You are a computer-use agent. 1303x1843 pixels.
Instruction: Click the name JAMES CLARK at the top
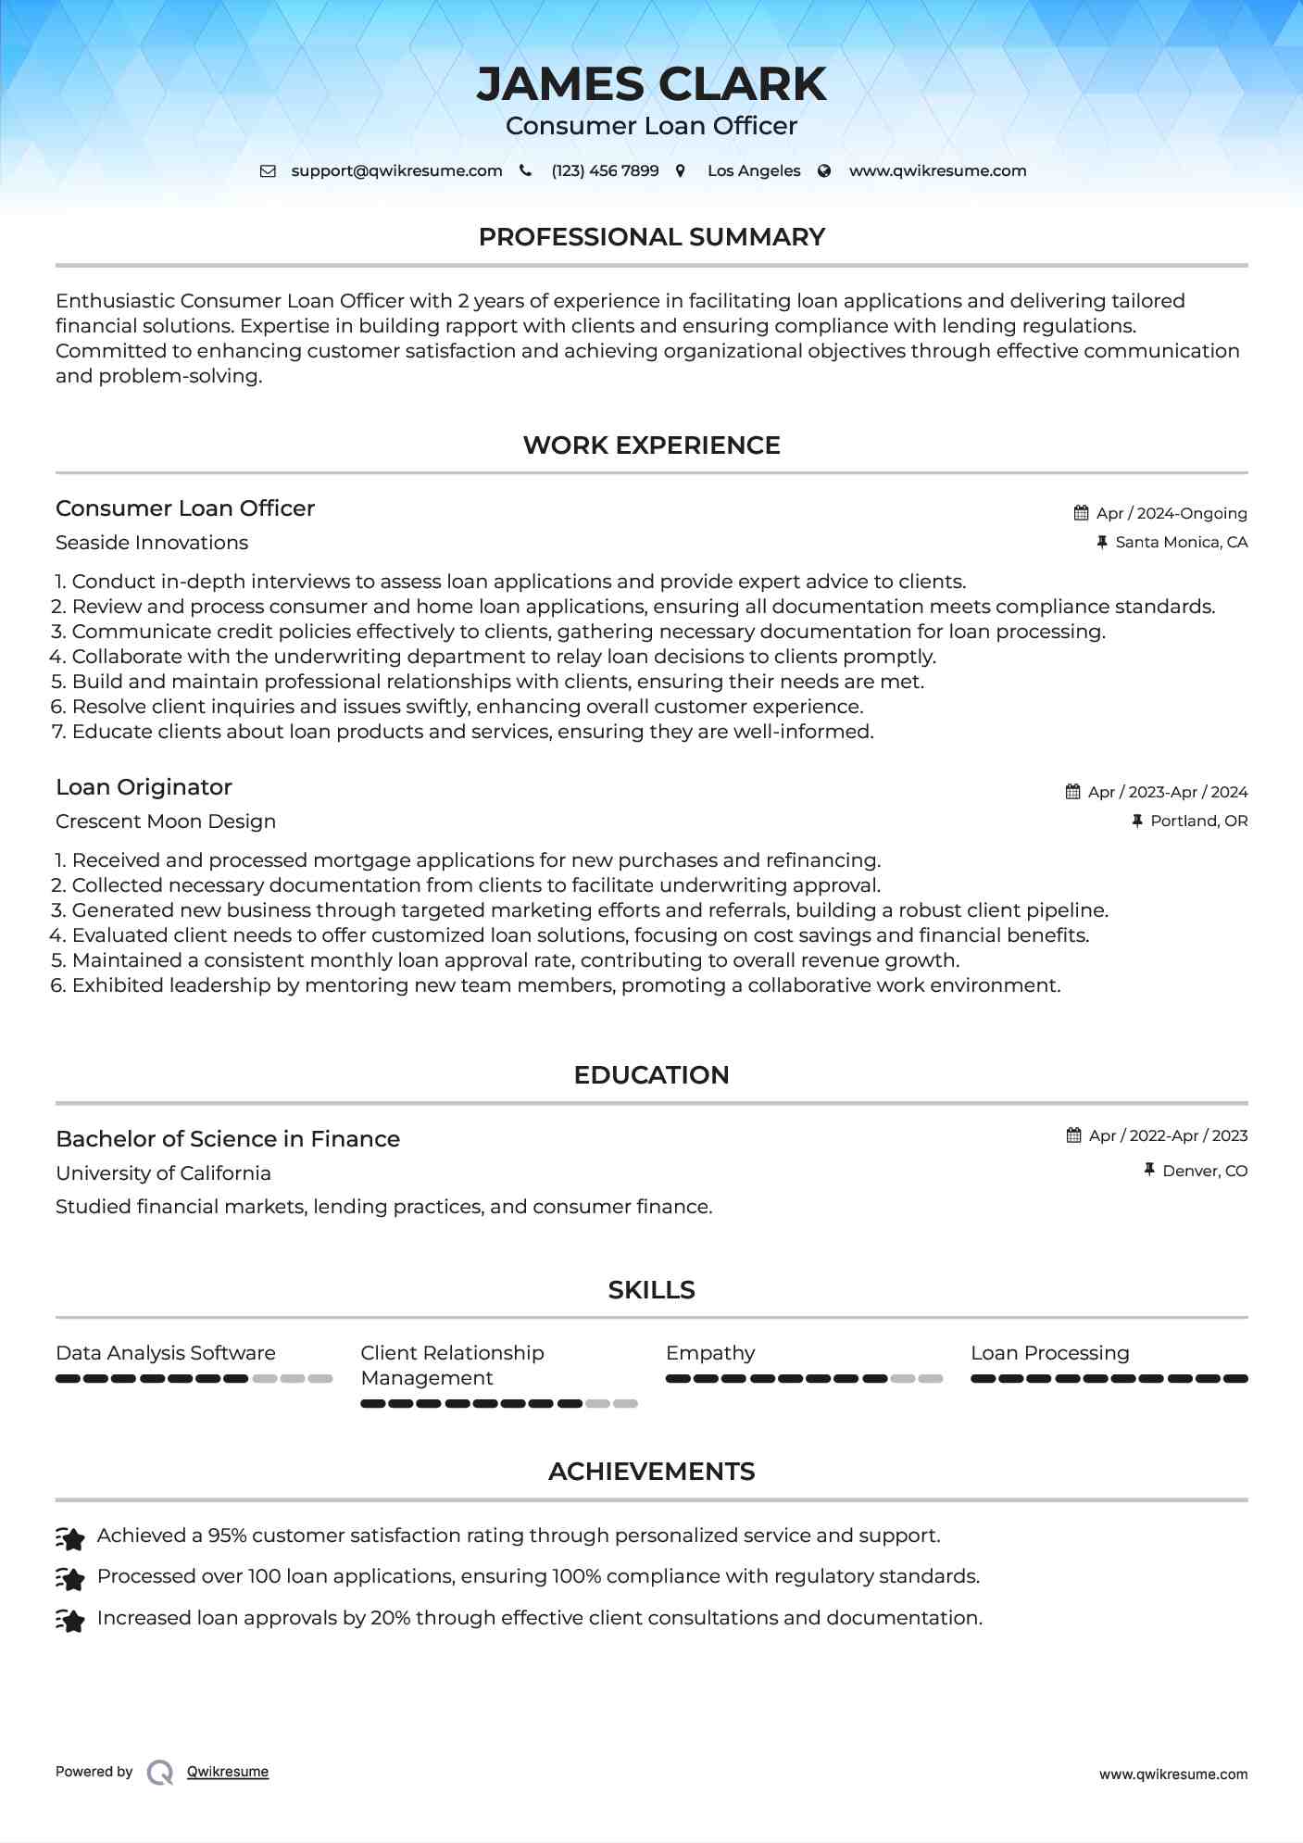click(651, 84)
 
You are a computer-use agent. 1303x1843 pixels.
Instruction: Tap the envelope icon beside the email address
click(268, 171)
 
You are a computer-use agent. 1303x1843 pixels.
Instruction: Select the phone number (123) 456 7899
click(605, 171)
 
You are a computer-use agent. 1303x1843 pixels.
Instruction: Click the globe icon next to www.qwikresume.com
click(824, 171)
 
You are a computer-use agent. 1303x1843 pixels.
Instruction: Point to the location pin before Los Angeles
click(681, 171)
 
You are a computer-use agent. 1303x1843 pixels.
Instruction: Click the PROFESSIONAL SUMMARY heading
click(651, 237)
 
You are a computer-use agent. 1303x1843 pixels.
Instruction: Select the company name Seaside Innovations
click(152, 543)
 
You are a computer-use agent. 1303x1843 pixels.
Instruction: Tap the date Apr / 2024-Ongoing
click(1171, 513)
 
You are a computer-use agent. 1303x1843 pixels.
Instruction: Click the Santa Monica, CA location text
click(1181, 543)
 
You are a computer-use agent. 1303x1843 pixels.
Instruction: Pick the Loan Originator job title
click(144, 787)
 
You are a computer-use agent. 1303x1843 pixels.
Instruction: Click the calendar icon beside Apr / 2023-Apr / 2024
click(1072, 792)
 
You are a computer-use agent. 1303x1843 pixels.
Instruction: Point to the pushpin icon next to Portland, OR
click(1137, 821)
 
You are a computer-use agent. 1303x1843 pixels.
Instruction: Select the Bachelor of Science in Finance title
click(228, 1139)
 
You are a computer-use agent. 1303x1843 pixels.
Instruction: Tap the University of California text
click(163, 1173)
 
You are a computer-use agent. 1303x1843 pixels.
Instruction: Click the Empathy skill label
click(710, 1353)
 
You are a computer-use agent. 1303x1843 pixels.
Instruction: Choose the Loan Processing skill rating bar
click(1109, 1379)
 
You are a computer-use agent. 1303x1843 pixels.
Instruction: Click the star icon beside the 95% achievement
click(70, 1538)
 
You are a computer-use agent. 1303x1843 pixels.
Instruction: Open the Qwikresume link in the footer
click(228, 1772)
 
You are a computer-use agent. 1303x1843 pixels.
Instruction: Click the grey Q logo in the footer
click(160, 1773)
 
